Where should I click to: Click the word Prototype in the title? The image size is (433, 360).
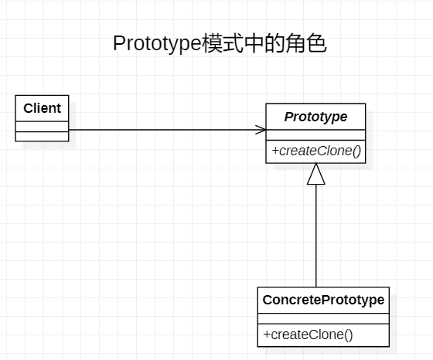coord(157,43)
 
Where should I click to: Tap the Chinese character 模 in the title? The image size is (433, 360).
coord(213,43)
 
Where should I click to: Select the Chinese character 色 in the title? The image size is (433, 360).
coord(316,43)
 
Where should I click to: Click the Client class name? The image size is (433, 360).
coord(42,108)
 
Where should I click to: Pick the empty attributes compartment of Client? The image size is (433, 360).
coord(42,127)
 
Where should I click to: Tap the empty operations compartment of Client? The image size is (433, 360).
coord(42,136)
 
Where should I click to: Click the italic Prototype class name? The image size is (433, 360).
coord(315,117)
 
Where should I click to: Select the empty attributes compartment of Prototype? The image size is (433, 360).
coord(315,135)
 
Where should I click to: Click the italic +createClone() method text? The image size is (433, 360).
coord(316,151)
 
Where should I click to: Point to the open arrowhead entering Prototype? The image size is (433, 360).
coord(261,130)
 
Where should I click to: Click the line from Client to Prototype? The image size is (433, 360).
coord(167,130)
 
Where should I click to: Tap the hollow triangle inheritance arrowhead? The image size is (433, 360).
coord(316,174)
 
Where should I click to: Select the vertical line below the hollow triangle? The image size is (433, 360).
coord(316,236)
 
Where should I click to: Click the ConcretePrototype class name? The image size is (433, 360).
coord(323,300)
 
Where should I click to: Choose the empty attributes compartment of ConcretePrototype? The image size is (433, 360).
coord(323,318)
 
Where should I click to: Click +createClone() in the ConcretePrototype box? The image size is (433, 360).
coord(308,335)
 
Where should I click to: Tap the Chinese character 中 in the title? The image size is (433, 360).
coord(254,43)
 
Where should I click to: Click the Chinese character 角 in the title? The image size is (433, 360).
coord(295,43)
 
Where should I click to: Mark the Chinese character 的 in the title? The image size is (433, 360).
coord(274,43)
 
